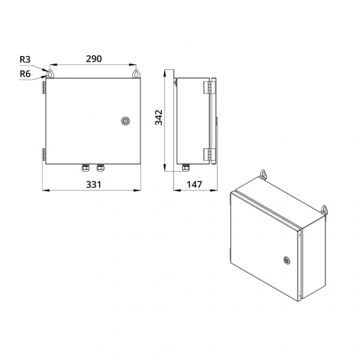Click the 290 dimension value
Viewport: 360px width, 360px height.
(94, 59)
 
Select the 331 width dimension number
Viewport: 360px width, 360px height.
(93, 185)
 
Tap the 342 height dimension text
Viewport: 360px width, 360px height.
(159, 118)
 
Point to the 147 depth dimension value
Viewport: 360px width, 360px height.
(195, 185)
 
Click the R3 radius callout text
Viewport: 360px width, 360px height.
(25, 60)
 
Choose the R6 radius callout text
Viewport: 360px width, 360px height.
(25, 74)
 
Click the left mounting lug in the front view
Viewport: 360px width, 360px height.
(50, 73)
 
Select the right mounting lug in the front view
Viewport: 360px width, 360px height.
(136, 73)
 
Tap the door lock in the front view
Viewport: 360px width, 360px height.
(125, 121)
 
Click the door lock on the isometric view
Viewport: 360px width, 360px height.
(287, 260)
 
